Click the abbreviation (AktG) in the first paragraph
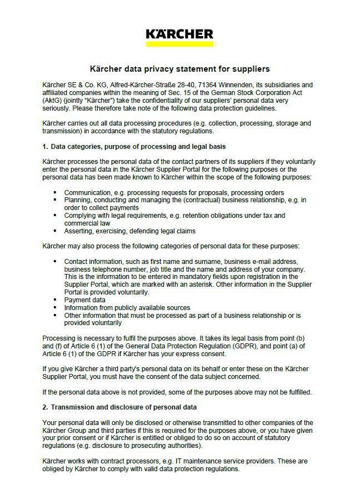(x=52, y=101)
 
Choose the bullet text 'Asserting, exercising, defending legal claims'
(x=129, y=231)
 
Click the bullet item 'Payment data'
(x=84, y=300)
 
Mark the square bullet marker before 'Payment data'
(x=56, y=300)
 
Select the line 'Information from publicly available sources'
(x=127, y=307)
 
